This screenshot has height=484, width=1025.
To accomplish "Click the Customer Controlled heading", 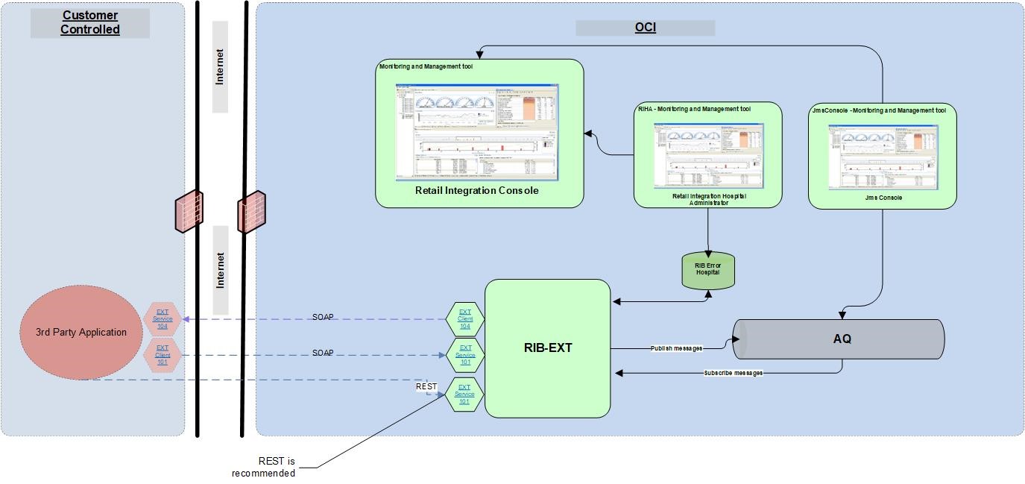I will coord(90,22).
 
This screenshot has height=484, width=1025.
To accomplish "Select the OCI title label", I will coord(645,28).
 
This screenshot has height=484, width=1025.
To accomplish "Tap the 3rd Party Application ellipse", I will coord(81,333).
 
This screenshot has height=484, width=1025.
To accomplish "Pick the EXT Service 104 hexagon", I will coord(163,319).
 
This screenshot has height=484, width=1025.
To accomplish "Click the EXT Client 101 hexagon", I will coord(163,355).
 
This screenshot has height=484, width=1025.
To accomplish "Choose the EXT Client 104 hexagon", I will coord(465,319).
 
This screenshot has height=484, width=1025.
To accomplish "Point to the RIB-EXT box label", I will coord(548,348).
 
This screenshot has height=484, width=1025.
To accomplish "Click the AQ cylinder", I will coord(842,339).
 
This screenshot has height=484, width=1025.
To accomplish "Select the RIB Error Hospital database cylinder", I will coord(707,270).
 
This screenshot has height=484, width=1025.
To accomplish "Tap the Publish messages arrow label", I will coord(676,348).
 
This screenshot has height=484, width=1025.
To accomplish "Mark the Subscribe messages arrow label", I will coord(733,372).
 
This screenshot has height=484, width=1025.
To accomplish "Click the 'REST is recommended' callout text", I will coord(265,468).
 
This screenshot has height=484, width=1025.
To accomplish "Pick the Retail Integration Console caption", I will coord(476,190).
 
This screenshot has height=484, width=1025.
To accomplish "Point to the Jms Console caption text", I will coord(883,198).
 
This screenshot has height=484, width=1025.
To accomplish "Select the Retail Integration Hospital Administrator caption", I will coord(707,198).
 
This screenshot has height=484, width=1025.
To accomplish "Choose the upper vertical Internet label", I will coord(220,67).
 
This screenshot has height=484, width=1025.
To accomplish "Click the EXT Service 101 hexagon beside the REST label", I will coord(464,395).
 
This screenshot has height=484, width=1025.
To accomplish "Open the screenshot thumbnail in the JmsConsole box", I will coord(883,157).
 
